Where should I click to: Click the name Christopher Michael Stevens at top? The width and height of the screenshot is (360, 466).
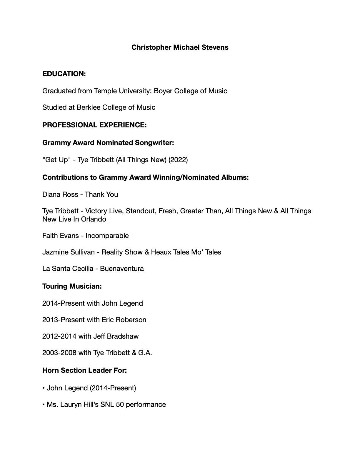tap(180, 47)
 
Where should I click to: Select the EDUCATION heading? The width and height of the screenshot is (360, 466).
tap(64, 74)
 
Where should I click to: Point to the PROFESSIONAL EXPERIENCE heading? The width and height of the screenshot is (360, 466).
tap(94, 125)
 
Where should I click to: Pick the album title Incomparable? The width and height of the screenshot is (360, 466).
tap(107, 236)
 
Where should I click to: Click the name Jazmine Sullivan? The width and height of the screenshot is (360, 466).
tap(69, 252)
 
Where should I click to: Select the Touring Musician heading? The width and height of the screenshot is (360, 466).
tap(72, 286)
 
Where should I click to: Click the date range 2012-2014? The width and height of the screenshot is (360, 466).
tap(59, 336)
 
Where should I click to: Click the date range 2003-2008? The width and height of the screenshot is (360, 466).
tap(59, 353)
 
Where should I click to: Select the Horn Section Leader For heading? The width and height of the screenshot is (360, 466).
tap(84, 370)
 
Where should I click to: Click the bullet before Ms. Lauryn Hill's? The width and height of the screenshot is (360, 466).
tap(44, 405)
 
